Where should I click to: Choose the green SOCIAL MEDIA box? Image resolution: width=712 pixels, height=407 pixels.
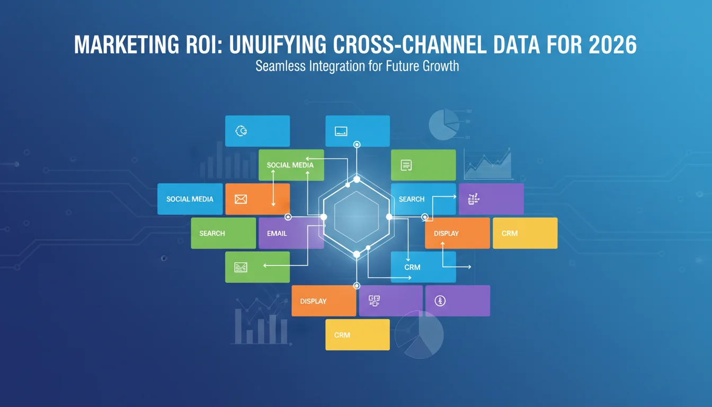291,165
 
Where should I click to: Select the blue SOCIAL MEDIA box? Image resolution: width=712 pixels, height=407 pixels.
190,199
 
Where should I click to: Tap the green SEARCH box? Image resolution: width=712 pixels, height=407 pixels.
224,233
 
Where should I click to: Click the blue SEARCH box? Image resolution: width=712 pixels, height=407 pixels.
423,199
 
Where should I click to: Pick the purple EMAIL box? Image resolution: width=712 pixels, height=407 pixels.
291,233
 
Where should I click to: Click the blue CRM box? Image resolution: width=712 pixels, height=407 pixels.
423,267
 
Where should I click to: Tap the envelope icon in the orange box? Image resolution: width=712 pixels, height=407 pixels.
241,199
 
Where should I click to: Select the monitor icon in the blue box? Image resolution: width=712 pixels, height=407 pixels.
341,131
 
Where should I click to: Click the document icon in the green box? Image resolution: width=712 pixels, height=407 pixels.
406,165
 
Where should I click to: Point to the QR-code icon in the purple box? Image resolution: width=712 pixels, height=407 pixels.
374,300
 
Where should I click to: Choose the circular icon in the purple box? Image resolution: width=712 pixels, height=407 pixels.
440,300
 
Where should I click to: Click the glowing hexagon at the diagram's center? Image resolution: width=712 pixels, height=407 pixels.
357,217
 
